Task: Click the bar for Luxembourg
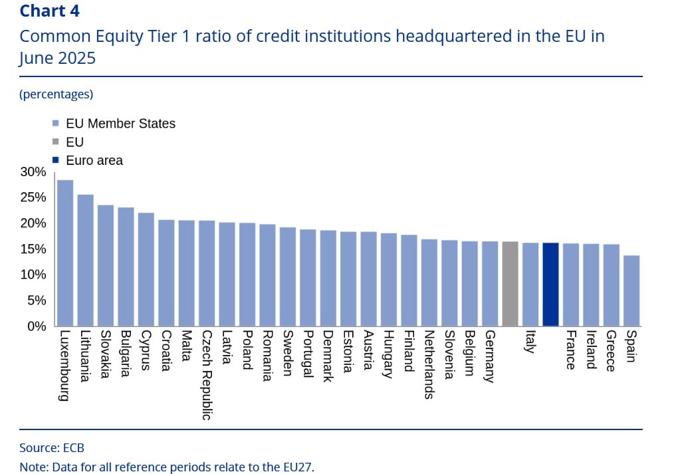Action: pos(65,253)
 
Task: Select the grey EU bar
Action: pos(510,284)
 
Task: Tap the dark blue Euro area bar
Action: pos(550,285)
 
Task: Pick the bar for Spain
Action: pos(631,291)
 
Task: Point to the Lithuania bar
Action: pos(85,260)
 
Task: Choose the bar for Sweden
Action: pos(287,277)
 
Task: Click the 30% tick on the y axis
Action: pos(33,172)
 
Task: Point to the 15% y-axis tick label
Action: pos(33,249)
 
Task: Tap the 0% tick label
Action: pos(36,326)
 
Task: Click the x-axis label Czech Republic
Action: pos(207,375)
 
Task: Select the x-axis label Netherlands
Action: pos(429,364)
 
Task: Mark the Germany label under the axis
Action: pos(490,356)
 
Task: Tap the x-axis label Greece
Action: pos(612,351)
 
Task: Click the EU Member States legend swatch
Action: pos(56,124)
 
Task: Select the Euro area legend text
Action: pos(94,160)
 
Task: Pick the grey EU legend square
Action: pos(56,142)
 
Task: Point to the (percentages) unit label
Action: pos(56,94)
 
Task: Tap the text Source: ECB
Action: pos(52,447)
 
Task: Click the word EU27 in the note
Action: pos(296,467)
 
